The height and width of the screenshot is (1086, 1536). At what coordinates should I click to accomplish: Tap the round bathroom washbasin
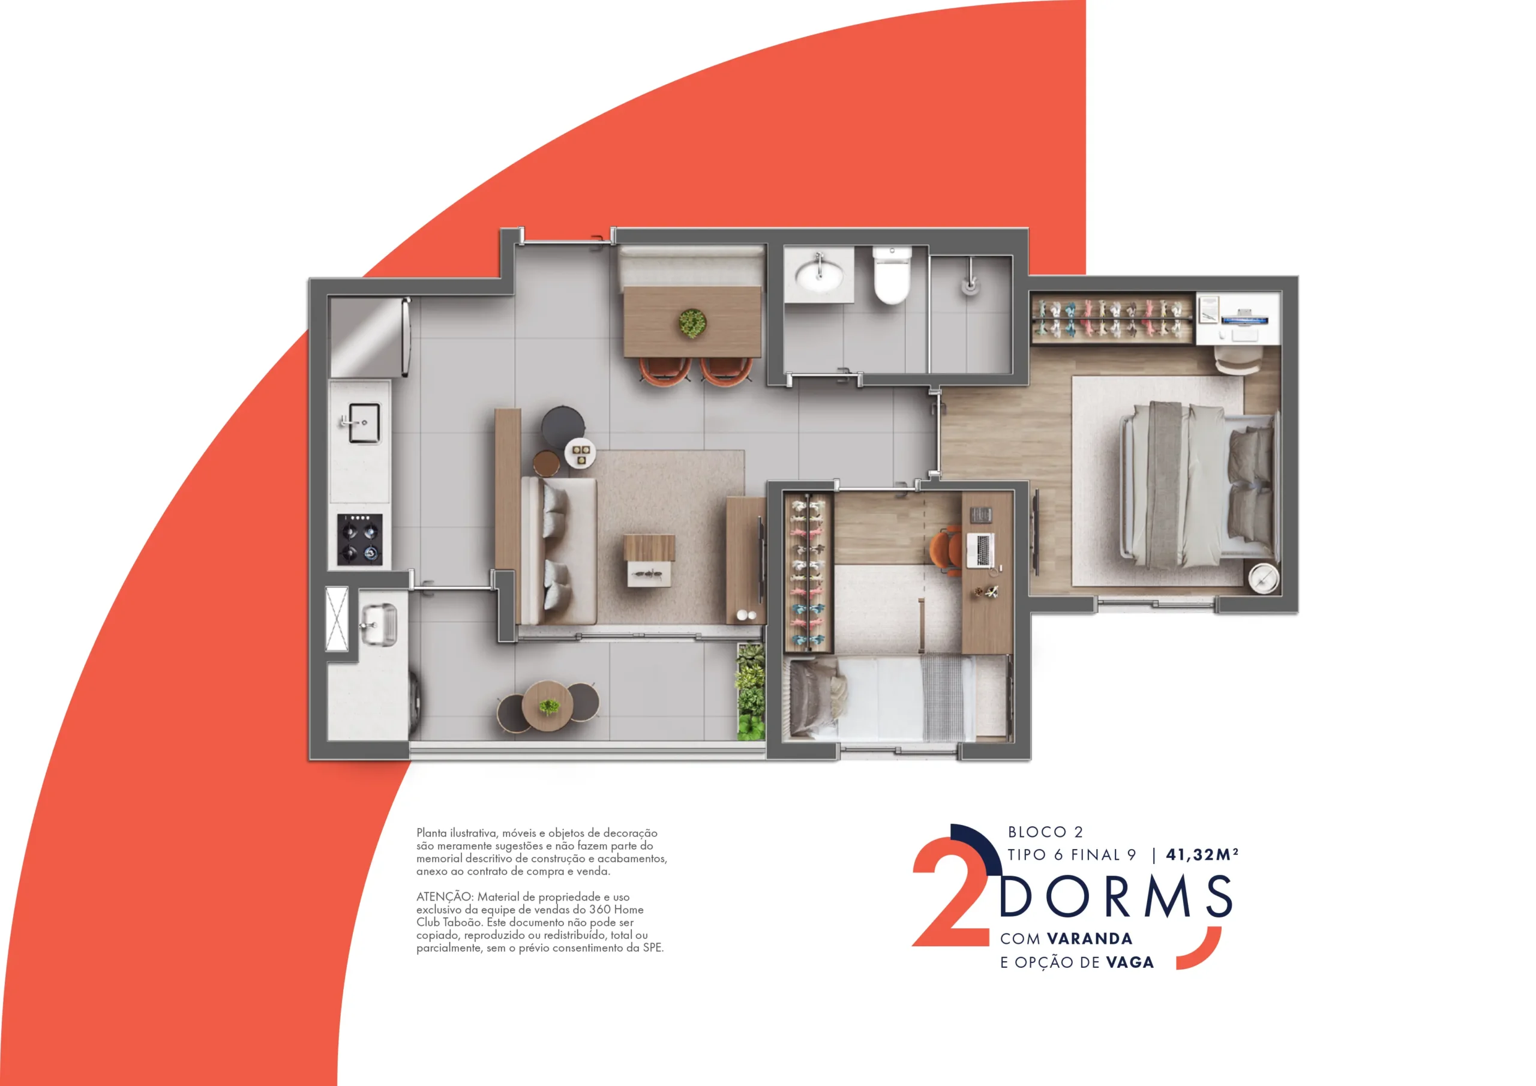[819, 274]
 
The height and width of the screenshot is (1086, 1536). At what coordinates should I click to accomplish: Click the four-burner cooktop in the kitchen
[360, 539]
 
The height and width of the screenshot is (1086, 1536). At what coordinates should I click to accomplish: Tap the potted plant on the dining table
[692, 323]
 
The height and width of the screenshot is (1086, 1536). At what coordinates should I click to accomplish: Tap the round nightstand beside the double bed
[1263, 577]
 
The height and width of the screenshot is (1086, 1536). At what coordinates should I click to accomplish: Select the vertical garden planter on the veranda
[751, 692]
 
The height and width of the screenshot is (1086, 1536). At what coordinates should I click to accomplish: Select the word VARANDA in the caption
[1090, 939]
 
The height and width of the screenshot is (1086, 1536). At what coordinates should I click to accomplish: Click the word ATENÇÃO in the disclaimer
[445, 896]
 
